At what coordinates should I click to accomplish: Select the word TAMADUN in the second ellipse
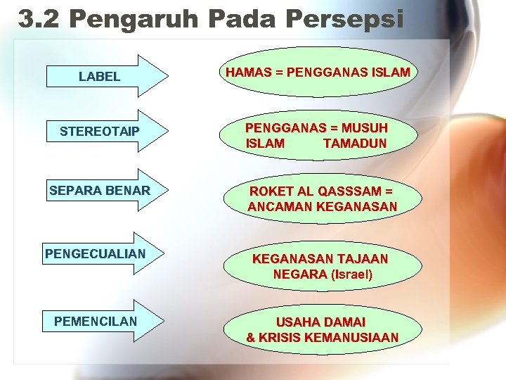coord(354,144)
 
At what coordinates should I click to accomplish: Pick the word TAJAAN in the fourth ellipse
coord(362,258)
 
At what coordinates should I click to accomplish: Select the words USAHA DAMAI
coord(320,322)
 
